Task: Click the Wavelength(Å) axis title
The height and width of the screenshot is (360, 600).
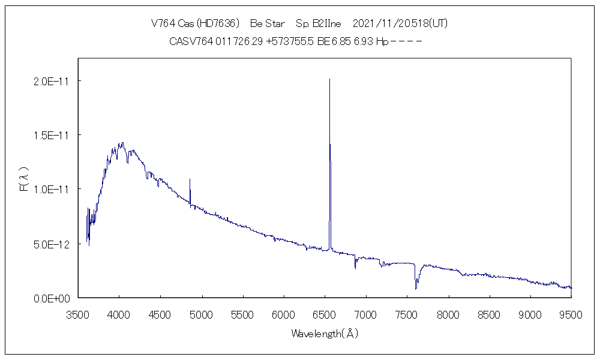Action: [x=325, y=333]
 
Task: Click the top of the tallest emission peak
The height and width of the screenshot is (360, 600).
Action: [x=329, y=79]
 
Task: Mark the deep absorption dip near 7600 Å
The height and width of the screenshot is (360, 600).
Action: [x=415, y=289]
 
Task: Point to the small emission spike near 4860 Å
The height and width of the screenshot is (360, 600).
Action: [x=190, y=179]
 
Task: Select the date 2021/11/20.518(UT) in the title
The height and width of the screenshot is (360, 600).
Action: [x=400, y=24]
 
